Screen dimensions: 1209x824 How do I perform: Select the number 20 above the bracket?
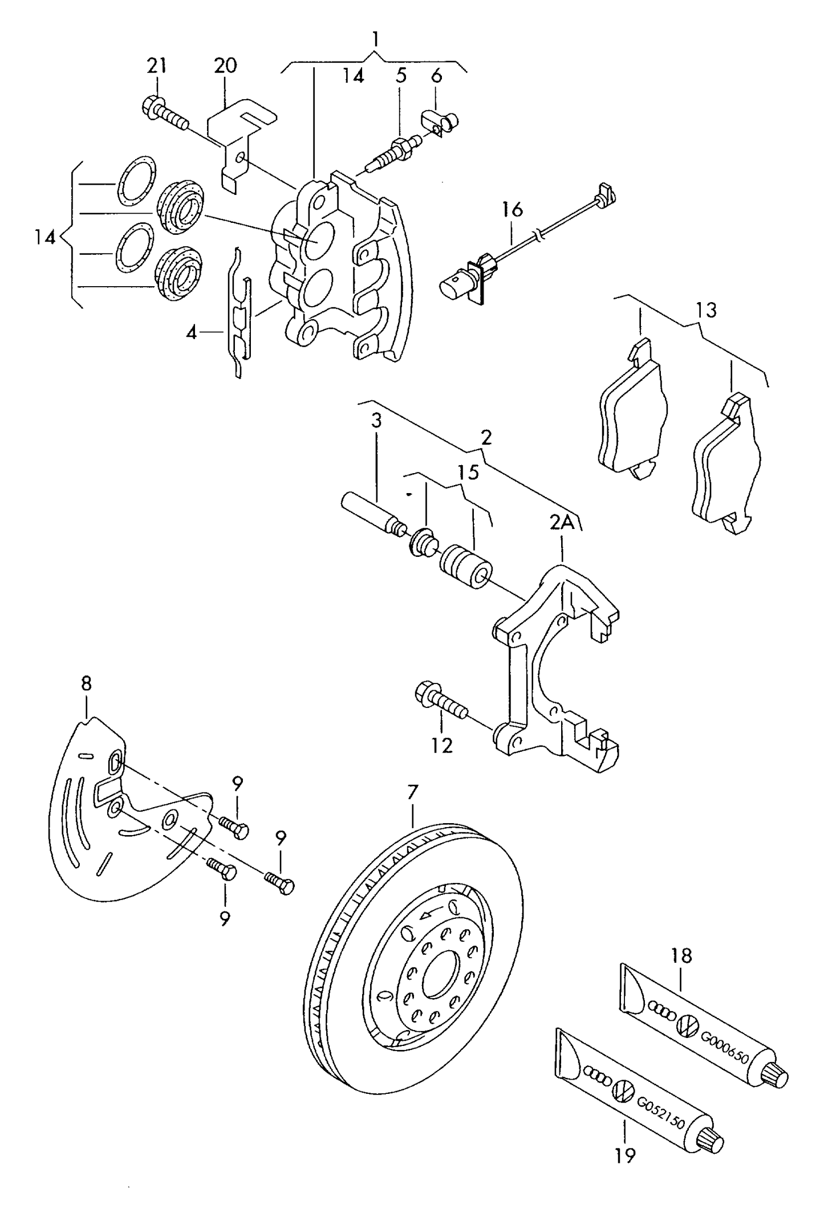pos(225,66)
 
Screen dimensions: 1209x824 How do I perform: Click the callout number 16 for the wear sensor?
pos(512,209)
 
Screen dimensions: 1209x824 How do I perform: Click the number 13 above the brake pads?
pos(705,311)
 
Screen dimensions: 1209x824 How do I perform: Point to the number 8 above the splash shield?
pos(86,683)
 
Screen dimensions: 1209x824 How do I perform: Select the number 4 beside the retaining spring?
pos(191,332)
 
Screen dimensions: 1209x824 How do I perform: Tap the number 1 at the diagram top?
pos(375,39)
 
